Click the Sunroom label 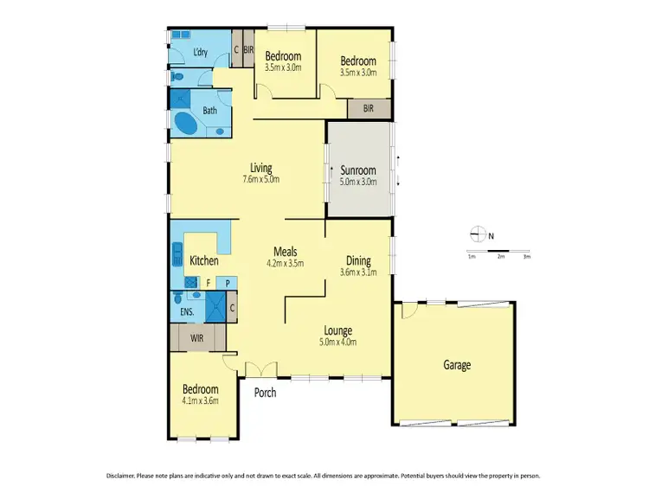tap(357, 170)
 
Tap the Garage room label tap(457, 365)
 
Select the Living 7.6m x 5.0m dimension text tap(260, 180)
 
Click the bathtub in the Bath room tap(186, 123)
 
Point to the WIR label tap(198, 337)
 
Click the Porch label tap(265, 393)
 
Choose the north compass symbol tap(475, 233)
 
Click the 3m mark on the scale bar tap(525, 257)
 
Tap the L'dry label tap(200, 53)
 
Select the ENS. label tap(185, 311)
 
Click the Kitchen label tap(204, 260)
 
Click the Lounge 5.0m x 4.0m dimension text tap(337, 342)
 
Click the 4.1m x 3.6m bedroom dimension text tap(200, 400)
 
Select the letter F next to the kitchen tap(208, 282)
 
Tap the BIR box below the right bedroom tap(369, 109)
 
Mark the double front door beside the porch tap(258, 370)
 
